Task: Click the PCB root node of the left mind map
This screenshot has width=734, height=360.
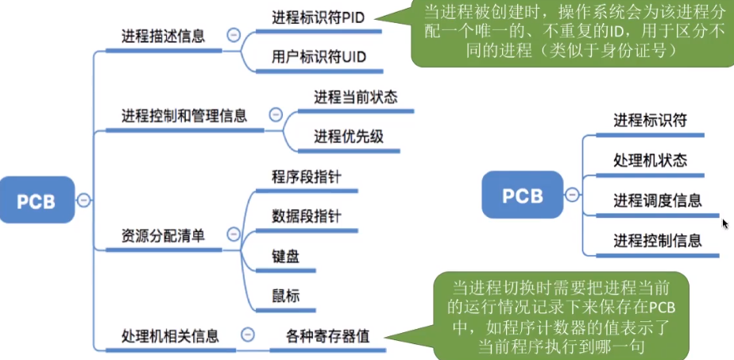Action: pos(37,200)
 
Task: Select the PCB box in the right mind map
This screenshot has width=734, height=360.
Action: pos(523,195)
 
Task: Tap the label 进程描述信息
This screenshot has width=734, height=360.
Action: pos(163,36)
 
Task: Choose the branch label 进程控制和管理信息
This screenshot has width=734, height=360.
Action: pos(183,115)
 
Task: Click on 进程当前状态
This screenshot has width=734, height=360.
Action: pos(355,97)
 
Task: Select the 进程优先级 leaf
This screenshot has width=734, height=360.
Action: pos(349,136)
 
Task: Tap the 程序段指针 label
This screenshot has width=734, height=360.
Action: pos(306,176)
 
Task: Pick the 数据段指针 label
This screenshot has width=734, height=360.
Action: pos(306,216)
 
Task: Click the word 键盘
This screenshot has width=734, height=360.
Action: pos(285,256)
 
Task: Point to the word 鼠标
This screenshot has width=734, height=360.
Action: pos(285,296)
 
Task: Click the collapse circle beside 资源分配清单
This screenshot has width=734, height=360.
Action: pos(233,234)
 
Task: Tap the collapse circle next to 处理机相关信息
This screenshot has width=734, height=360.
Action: pos(248,335)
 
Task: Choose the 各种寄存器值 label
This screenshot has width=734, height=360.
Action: pos(328,335)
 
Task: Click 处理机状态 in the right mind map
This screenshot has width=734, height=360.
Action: pos(650,161)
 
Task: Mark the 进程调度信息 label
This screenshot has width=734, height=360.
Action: pos(657,199)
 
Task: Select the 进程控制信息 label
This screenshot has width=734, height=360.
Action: pos(657,240)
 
